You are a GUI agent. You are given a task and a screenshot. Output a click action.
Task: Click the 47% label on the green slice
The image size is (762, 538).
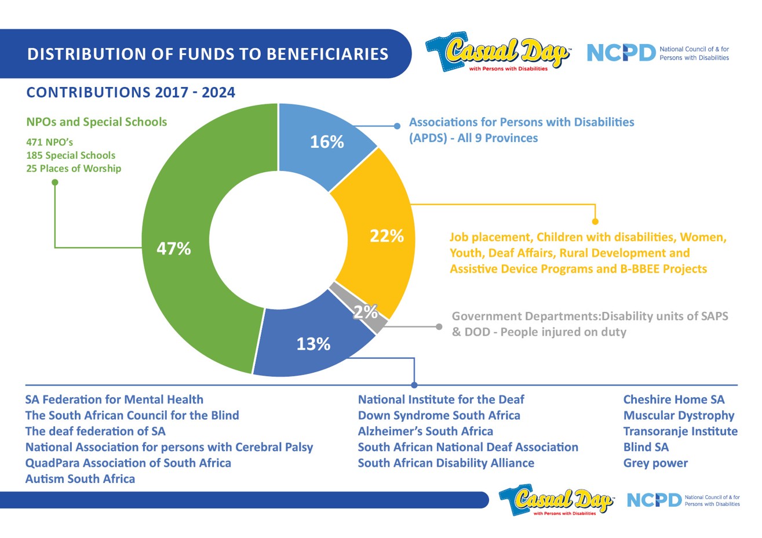coord(174,249)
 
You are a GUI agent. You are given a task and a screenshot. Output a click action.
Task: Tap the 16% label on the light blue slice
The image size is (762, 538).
coord(327,142)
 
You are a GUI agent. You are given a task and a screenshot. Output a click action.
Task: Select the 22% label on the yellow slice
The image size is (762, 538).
coord(387,236)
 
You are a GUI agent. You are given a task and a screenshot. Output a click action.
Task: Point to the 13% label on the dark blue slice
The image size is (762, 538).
coord(313,344)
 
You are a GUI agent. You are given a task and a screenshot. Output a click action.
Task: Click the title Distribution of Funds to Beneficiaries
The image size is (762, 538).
coord(207,54)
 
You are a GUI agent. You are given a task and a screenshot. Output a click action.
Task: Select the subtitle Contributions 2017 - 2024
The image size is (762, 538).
coord(131,93)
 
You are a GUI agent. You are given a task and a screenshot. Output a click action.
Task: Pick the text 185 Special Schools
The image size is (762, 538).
coord(71,155)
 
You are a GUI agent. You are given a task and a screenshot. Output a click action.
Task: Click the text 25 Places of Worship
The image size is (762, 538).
coord(74,169)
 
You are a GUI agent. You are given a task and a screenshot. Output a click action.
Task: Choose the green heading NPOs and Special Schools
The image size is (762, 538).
coord(97,122)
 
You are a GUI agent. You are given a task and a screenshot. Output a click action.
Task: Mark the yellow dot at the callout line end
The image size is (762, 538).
coord(595,221)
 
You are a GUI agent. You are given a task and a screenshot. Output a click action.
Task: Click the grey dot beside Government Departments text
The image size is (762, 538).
coord(439,327)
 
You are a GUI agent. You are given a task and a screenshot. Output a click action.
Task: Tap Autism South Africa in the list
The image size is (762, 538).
coord(80,479)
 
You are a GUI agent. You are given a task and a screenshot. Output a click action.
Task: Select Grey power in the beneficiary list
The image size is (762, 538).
coord(655,463)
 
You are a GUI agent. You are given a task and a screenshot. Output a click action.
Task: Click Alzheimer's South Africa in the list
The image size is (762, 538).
coord(425,431)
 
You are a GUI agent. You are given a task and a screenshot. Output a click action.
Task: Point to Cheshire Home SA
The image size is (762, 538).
coord(673,399)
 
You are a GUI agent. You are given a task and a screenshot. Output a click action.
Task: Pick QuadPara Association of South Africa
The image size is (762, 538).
coord(128,463)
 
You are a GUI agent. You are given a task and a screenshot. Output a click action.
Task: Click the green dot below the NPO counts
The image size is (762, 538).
coord(55,183)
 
